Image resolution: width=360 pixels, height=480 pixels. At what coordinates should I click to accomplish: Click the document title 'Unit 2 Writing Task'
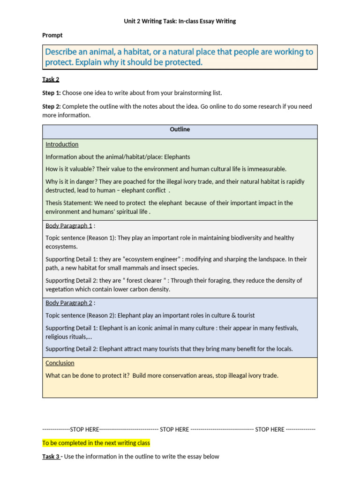click(x=180, y=21)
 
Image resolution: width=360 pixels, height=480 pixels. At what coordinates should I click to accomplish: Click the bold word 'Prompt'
click(x=52, y=35)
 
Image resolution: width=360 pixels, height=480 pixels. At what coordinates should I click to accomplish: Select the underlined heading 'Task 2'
click(x=51, y=79)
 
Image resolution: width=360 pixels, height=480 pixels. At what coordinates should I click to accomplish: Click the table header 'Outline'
click(x=180, y=129)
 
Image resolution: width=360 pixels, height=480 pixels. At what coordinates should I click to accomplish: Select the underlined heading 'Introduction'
click(x=62, y=144)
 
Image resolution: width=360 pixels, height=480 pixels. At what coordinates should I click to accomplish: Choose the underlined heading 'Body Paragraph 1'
click(x=69, y=225)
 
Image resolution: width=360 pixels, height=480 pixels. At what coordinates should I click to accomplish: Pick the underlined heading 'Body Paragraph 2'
click(x=69, y=303)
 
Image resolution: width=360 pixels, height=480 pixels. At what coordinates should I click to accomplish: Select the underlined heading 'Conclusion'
click(x=60, y=363)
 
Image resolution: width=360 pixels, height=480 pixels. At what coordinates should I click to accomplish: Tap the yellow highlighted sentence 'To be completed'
click(x=96, y=442)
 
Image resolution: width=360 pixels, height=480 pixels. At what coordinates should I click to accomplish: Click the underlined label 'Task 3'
click(x=51, y=457)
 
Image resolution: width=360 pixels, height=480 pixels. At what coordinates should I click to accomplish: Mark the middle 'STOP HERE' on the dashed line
click(x=174, y=429)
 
